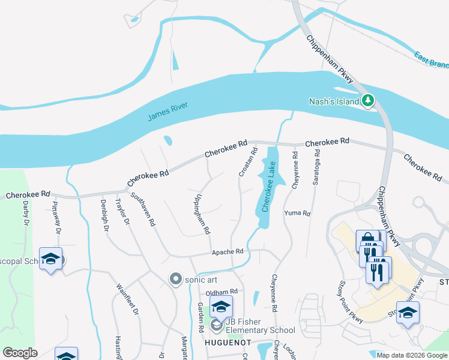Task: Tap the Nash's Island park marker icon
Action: pyautogui.click(x=368, y=101)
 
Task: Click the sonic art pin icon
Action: pyautogui.click(x=175, y=279)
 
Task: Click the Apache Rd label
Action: pyautogui.click(x=226, y=252)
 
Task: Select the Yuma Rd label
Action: pyautogui.click(x=297, y=213)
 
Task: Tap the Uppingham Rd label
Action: pyautogui.click(x=202, y=213)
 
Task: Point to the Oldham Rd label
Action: pyautogui.click(x=222, y=292)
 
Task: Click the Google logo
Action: pyautogui.click(x=20, y=353)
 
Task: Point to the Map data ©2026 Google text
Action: pyautogui.click(x=411, y=355)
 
